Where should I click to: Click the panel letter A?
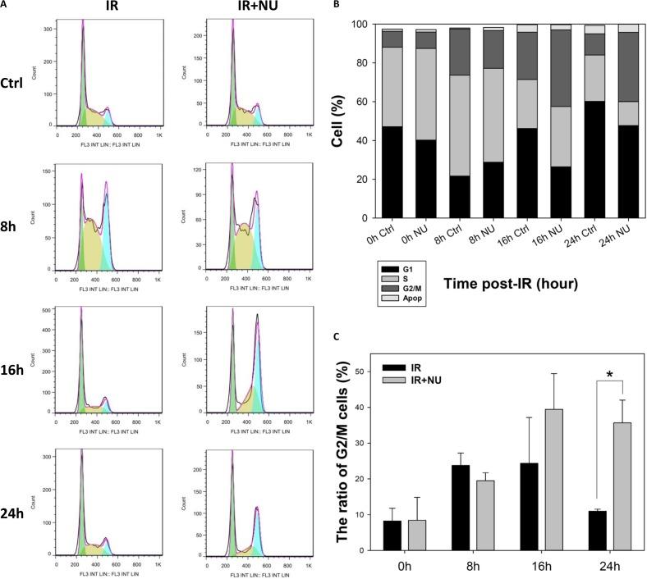[5, 4]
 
